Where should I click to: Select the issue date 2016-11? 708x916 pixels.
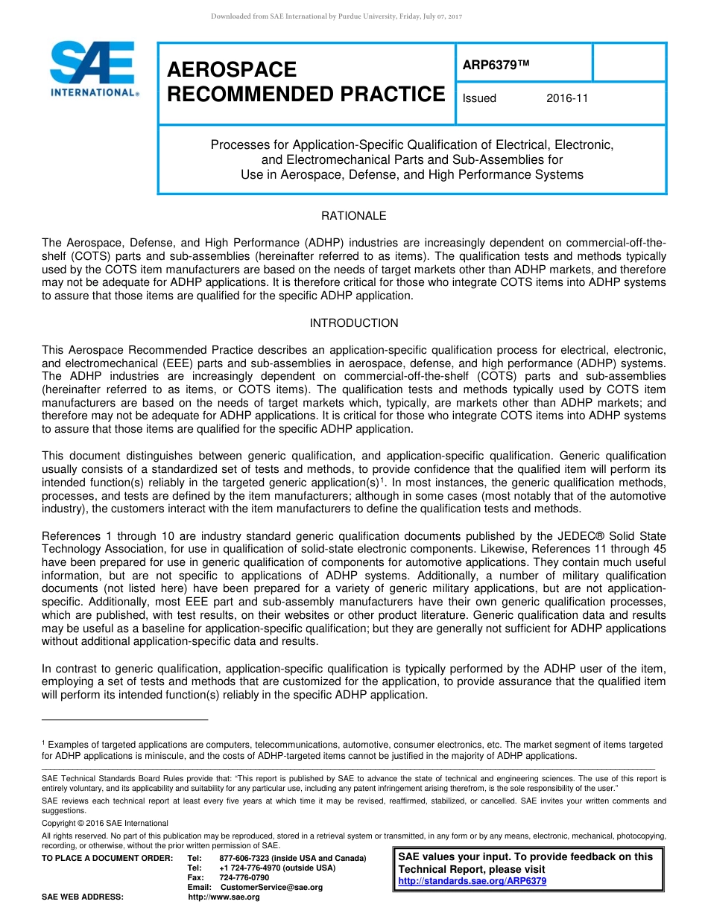tap(566, 98)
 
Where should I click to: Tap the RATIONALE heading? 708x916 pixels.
tap(353, 216)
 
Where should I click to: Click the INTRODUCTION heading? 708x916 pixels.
tap(353, 323)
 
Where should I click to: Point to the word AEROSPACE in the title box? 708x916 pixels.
tap(232, 70)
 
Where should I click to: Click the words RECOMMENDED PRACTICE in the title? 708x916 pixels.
tap(306, 95)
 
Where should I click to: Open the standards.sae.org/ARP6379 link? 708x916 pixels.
tap(472, 881)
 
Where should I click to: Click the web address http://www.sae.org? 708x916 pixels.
tap(224, 897)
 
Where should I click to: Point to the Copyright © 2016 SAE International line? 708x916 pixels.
tap(105, 823)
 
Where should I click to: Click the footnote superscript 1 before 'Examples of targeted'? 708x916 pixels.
tap(43, 743)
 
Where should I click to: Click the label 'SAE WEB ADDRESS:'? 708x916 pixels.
tap(82, 897)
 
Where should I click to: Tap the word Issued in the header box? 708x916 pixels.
tap(479, 98)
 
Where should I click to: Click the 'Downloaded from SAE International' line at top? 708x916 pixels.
tap(337, 16)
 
